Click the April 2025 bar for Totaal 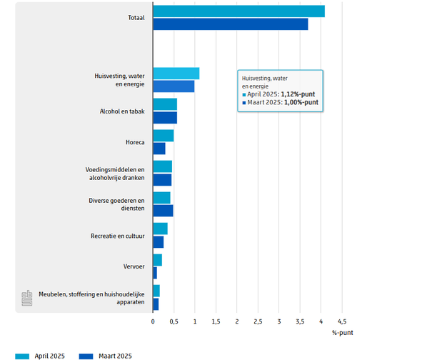238,11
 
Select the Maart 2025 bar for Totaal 230,24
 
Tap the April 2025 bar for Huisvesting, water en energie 176,74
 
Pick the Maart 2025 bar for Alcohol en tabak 164,118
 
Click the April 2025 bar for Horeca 163,136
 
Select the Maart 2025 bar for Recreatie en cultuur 158,242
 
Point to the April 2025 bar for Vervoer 157,260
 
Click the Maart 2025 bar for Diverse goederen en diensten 163,211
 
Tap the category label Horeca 134,142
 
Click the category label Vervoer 134,266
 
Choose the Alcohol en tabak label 122,111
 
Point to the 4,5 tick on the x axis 341,321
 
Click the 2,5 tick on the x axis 258,321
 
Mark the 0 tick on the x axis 153,321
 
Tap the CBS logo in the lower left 26,299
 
